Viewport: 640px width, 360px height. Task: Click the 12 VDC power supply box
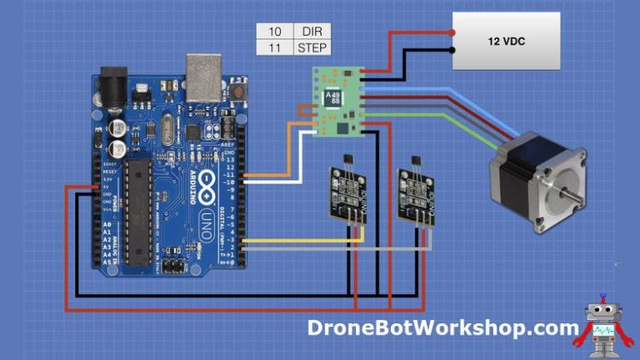click(x=505, y=41)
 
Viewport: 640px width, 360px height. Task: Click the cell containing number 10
click(x=274, y=31)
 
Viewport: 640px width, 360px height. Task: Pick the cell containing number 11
click(x=274, y=47)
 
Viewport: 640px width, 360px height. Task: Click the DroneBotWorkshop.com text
click(x=444, y=328)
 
